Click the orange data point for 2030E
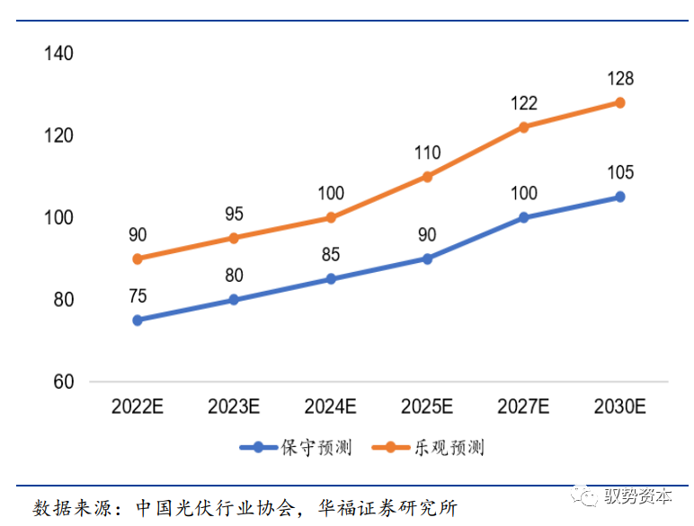coord(619,102)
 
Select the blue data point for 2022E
coord(138,320)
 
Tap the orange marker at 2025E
coord(427,177)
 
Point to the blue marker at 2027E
coord(524,217)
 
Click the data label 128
coord(619,79)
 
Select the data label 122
coord(524,104)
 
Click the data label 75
coord(138,296)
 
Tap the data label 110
coord(427,153)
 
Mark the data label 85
coord(331,256)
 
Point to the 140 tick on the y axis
coord(58,54)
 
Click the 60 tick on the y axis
coord(63,382)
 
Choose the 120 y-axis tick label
coord(58,136)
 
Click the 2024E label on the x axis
coord(331,407)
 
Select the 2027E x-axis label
coord(524,407)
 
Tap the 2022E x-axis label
coord(138,407)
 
